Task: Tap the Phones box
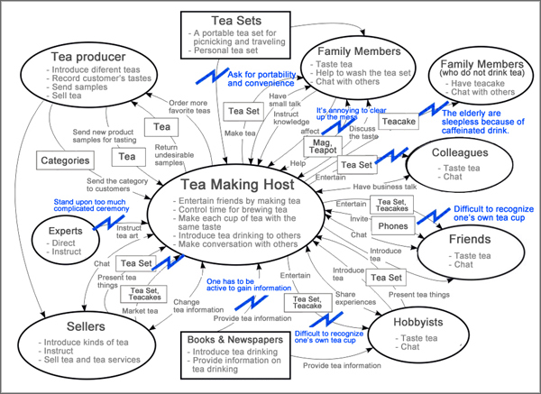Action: [392, 225]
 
